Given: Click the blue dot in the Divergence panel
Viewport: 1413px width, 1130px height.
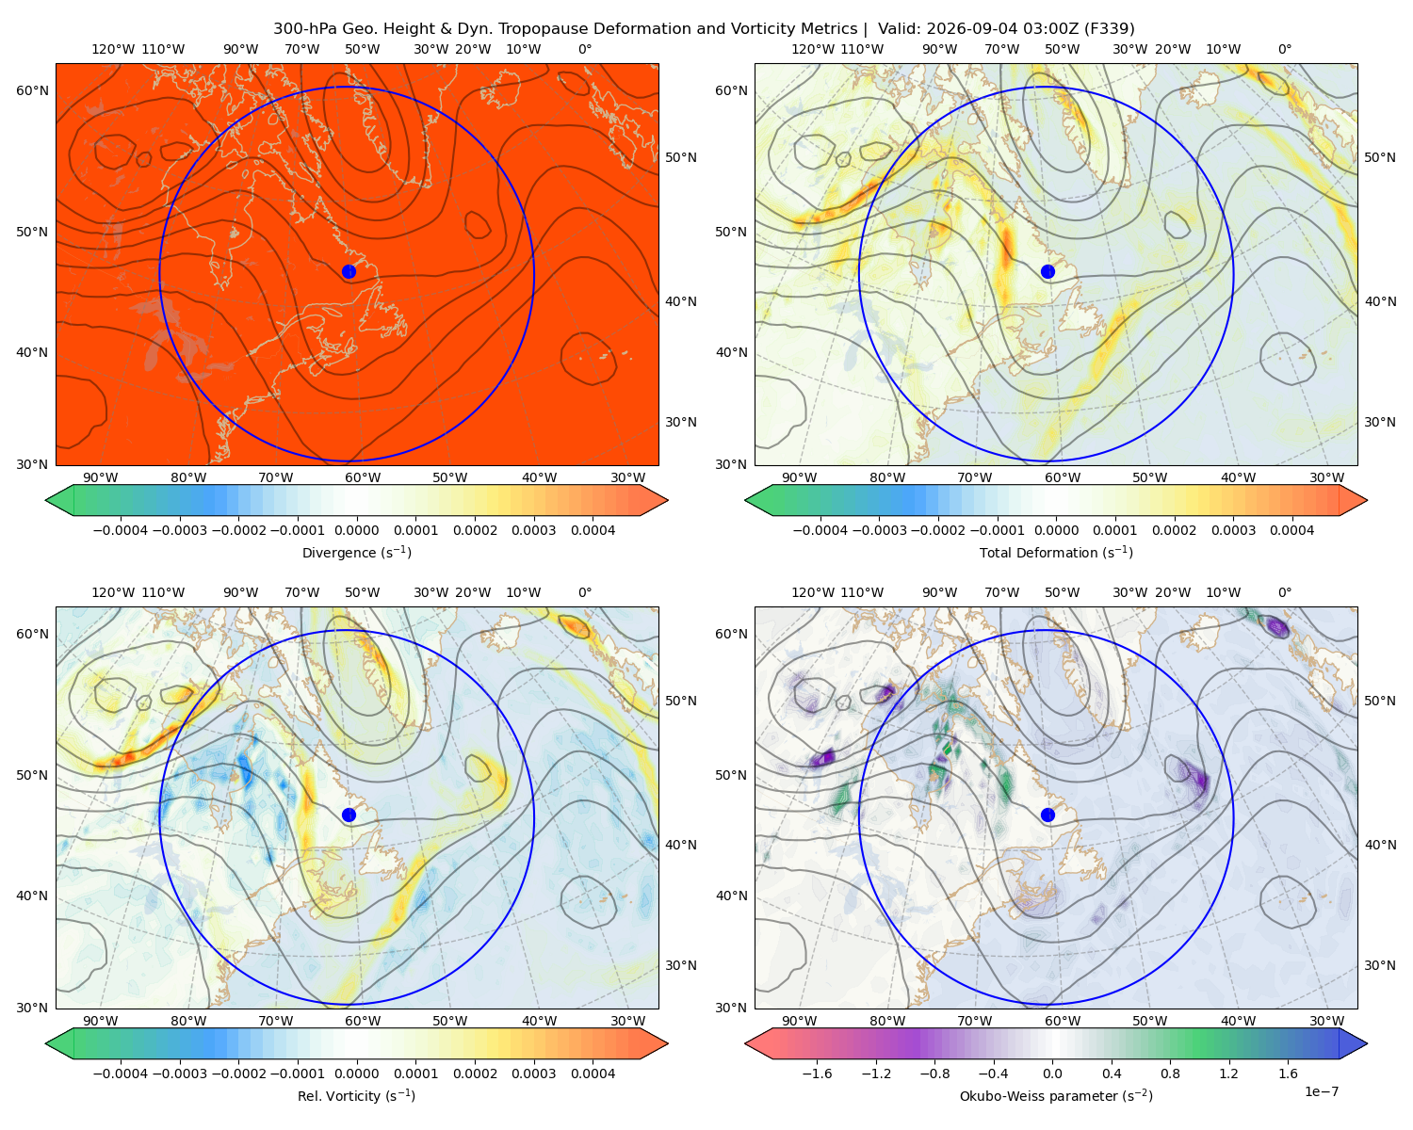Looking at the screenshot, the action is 349,271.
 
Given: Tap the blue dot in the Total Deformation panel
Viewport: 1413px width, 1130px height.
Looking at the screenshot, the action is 1048,271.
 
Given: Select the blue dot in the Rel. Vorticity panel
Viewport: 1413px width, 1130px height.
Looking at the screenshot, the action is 349,815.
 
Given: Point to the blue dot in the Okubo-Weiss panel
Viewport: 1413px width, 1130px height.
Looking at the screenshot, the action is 1048,815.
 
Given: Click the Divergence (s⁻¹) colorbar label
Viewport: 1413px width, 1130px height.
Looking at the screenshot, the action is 356,552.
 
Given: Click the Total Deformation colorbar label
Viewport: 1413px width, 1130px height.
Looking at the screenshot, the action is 1056,552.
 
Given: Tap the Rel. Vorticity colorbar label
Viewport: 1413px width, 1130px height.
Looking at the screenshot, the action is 356,1095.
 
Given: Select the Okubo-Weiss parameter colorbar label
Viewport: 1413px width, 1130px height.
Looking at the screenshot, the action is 1056,1095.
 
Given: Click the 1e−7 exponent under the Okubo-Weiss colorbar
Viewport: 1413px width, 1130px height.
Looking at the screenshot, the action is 1321,1091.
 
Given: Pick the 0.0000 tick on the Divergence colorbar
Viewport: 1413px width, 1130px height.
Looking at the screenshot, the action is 356,530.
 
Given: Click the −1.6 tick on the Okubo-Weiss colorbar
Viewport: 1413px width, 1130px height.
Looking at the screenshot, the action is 817,1073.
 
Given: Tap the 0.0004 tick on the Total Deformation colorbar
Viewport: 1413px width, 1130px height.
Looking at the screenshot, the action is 1291,530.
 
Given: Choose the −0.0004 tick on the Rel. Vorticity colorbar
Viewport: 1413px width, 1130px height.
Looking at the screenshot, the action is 121,1073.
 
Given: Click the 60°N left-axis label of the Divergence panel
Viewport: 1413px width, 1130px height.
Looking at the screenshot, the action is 32,90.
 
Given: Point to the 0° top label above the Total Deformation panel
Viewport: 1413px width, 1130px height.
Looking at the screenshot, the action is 1284,49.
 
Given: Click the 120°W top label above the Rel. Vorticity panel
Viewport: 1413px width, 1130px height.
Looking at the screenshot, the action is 113,592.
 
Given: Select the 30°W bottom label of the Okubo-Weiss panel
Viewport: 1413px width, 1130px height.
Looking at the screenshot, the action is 1326,1021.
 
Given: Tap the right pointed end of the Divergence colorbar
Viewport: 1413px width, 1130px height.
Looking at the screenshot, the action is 668,500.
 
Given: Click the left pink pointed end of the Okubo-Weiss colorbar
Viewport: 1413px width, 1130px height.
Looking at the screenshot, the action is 745,1043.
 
